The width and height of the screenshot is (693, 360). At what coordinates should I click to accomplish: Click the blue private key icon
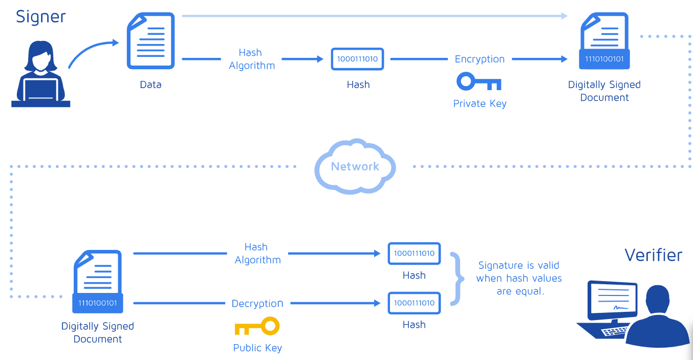click(x=479, y=81)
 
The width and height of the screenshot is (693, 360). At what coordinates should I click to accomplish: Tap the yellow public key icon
click(x=257, y=326)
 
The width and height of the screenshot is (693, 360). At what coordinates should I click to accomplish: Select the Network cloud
click(x=355, y=166)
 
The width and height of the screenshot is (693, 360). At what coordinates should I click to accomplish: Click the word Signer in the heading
click(x=40, y=16)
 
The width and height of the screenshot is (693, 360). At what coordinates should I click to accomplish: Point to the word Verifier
click(x=653, y=255)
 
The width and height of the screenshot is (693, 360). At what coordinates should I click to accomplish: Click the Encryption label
click(x=480, y=59)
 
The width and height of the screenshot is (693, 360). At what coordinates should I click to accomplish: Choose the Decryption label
click(x=257, y=303)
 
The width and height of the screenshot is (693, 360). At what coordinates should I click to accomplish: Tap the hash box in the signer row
click(x=357, y=59)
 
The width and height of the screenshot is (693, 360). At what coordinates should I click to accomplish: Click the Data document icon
click(x=150, y=40)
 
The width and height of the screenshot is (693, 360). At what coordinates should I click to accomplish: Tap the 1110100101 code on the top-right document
click(x=604, y=59)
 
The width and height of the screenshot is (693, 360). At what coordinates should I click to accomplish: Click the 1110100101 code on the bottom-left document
click(x=97, y=303)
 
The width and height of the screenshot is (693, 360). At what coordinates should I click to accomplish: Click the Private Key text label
click(x=480, y=103)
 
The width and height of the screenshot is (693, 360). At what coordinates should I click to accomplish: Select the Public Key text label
click(x=257, y=348)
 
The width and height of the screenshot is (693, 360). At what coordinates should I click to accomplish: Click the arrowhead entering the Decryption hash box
click(x=377, y=303)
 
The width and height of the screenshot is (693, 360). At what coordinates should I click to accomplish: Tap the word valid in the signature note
click(x=548, y=265)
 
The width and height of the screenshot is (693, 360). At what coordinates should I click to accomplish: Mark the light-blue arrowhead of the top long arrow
click(x=564, y=16)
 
